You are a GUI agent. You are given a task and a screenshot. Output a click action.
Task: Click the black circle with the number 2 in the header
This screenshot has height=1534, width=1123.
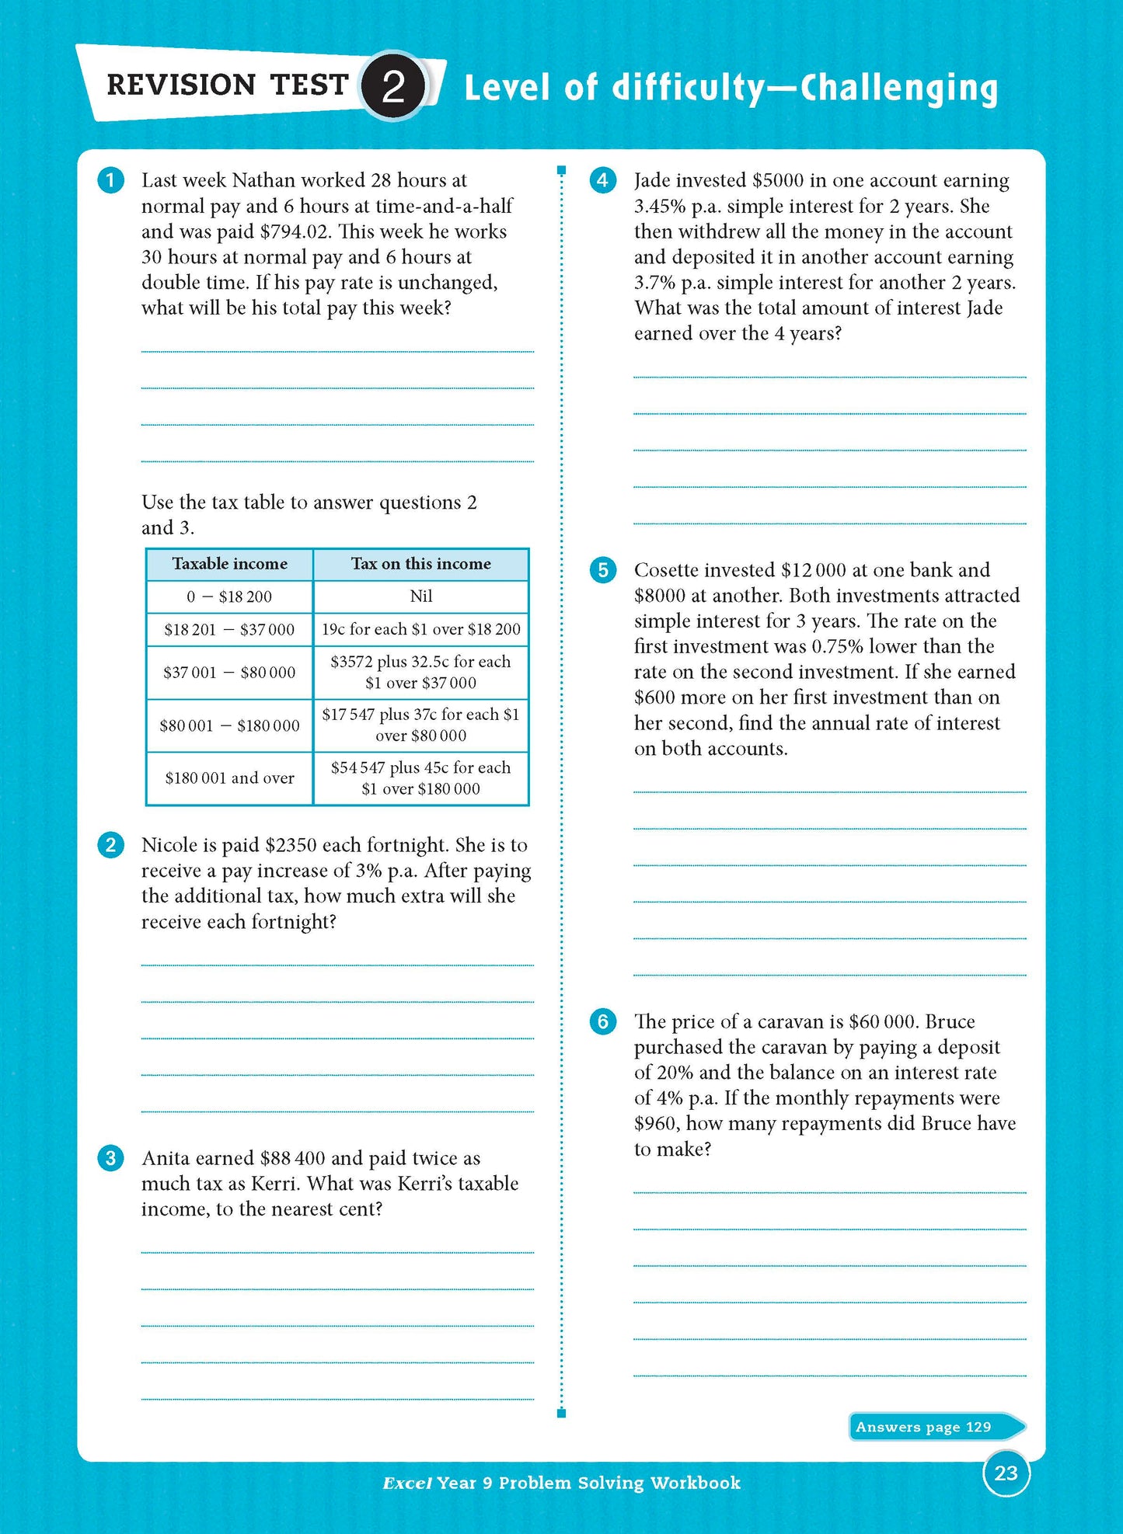pyautogui.click(x=394, y=86)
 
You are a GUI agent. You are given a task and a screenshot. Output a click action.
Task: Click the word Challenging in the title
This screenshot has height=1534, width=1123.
pyautogui.click(x=899, y=89)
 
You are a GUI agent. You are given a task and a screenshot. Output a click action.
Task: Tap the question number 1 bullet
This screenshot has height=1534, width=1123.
pyautogui.click(x=110, y=181)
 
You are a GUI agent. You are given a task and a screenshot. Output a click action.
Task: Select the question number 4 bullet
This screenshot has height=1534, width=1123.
pyautogui.click(x=602, y=181)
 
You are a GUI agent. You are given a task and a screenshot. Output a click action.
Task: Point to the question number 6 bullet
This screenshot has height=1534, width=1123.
pyautogui.click(x=602, y=1021)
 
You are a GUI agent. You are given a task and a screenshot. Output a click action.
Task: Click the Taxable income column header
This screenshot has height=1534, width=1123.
pyautogui.click(x=229, y=564)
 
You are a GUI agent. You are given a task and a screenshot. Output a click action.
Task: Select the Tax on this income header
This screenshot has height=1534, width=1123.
pyautogui.click(x=420, y=564)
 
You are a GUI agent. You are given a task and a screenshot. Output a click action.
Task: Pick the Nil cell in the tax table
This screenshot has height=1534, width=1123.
pyautogui.click(x=420, y=597)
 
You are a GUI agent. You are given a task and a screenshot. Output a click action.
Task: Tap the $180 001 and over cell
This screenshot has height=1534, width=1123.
pyautogui.click(x=229, y=778)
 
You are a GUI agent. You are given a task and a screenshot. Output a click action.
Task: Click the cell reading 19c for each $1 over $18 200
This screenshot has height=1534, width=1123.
pyautogui.click(x=420, y=629)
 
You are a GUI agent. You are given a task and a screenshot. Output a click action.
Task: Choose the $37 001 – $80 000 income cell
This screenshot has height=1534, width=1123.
pyautogui.click(x=229, y=673)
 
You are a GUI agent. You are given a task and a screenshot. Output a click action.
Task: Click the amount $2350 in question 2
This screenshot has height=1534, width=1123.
pyautogui.click(x=291, y=845)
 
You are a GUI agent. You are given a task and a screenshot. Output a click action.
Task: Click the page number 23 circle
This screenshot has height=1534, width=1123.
pyautogui.click(x=1006, y=1473)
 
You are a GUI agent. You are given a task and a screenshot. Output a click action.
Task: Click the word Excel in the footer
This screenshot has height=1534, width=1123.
pyautogui.click(x=406, y=1483)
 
